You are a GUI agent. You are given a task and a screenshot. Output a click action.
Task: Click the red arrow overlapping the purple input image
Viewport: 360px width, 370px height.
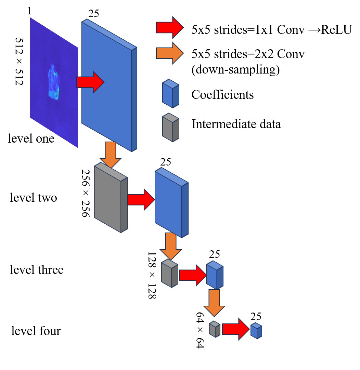pyautogui.click(x=90, y=82)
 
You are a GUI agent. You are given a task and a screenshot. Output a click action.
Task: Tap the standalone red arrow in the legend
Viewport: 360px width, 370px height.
pyautogui.click(x=170, y=27)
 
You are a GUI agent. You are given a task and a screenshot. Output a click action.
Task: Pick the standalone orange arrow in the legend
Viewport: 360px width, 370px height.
pyautogui.click(x=170, y=53)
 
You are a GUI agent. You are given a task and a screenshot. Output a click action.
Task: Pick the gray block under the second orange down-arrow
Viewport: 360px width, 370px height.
pyautogui.click(x=169, y=273)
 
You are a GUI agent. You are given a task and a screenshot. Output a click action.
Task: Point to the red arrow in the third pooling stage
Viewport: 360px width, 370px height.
pyautogui.click(x=193, y=275)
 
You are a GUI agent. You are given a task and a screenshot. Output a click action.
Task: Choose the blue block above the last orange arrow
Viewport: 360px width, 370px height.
pyautogui.click(x=215, y=275)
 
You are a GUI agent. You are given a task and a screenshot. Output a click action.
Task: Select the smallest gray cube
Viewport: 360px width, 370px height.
pyautogui.click(x=215, y=329)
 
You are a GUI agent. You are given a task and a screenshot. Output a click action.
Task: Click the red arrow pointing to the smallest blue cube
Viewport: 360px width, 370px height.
pyautogui.click(x=236, y=329)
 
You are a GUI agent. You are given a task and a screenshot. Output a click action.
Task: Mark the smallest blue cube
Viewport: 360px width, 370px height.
pyautogui.click(x=256, y=331)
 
